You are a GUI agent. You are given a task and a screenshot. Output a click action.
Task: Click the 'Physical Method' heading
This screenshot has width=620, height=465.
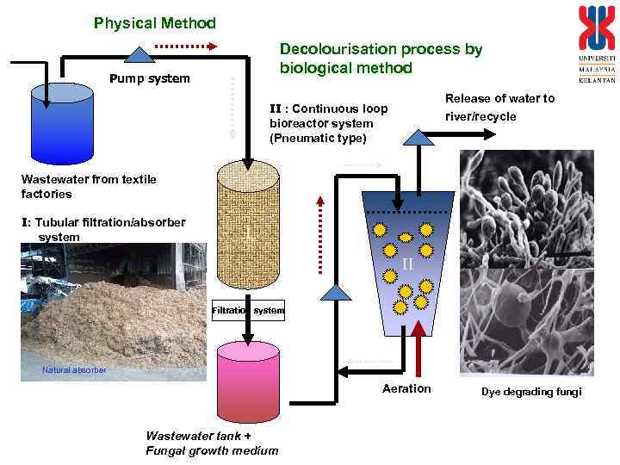click(155, 23)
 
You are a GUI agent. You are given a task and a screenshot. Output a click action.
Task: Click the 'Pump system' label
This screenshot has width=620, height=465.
click(150, 79)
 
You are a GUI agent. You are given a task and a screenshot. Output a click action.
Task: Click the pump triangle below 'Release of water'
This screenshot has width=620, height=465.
click(419, 135)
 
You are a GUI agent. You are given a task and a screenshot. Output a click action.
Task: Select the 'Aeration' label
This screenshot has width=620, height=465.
click(406, 389)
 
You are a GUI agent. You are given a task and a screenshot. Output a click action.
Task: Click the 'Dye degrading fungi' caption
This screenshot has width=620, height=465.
click(531, 393)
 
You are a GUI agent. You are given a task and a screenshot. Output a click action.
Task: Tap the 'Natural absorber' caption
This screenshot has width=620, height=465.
click(74, 370)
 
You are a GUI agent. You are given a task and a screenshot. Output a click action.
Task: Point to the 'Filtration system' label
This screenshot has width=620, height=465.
click(248, 310)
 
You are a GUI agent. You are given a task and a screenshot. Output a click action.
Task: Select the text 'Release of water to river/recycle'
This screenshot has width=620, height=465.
click(499, 107)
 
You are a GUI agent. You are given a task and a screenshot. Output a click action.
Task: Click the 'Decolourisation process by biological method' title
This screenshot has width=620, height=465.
click(381, 59)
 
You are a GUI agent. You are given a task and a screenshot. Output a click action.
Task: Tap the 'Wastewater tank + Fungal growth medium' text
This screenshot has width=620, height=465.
click(212, 443)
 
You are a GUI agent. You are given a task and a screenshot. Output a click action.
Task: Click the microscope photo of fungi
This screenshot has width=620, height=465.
click(526, 262)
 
